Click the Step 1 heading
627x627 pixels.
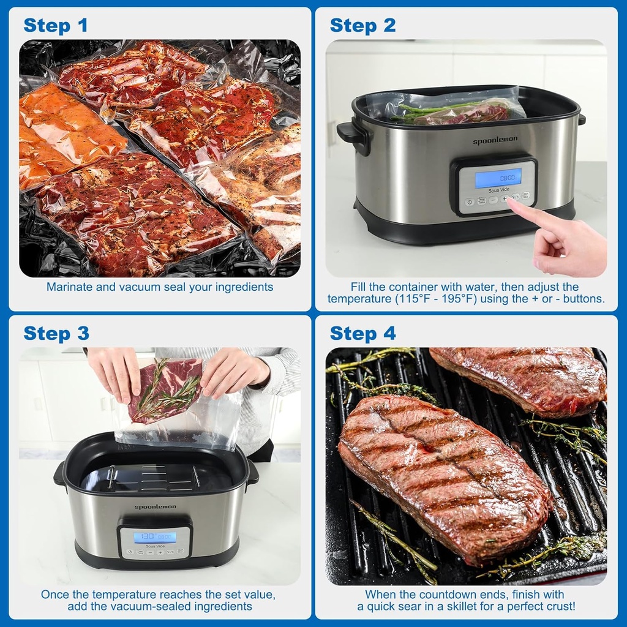(x=56, y=25)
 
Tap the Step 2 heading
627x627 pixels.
(x=362, y=25)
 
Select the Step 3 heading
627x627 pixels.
(x=56, y=333)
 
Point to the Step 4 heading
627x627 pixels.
(x=362, y=333)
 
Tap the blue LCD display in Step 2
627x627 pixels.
(x=498, y=178)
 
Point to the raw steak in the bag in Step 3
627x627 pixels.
(x=165, y=389)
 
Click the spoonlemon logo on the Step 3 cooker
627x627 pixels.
(x=155, y=507)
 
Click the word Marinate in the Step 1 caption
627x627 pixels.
(x=69, y=287)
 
